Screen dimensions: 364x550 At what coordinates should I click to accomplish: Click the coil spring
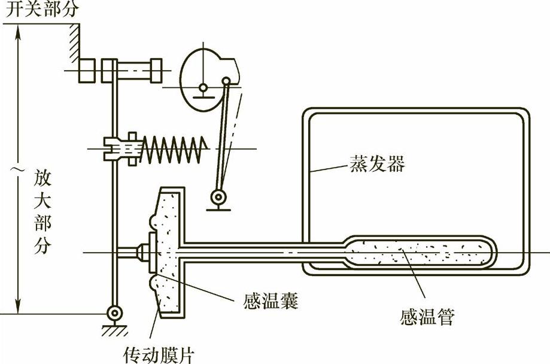coord(173,145)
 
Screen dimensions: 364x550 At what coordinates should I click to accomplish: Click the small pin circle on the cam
coord(226,81)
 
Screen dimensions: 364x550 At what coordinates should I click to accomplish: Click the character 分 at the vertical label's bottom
coord(42,247)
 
